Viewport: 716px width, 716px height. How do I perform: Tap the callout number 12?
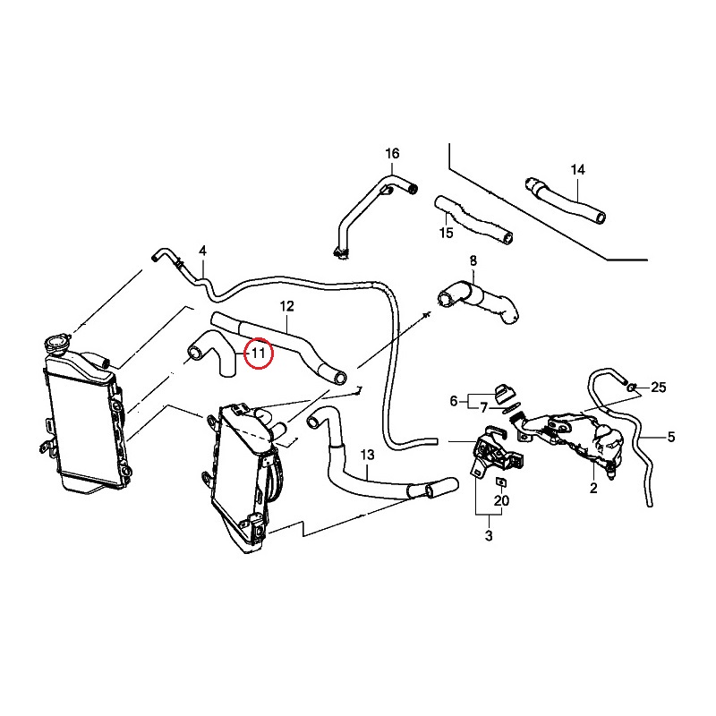[x=286, y=306]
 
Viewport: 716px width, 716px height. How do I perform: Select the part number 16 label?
[x=392, y=154]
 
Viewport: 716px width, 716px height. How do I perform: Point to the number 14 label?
[x=577, y=169]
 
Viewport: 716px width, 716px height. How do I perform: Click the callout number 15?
[x=446, y=234]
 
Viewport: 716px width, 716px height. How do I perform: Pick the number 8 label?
[x=473, y=261]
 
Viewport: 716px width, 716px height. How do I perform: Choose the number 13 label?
[x=367, y=456]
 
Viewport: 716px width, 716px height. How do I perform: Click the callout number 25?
[x=659, y=388]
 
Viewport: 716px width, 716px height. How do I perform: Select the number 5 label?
[x=671, y=438]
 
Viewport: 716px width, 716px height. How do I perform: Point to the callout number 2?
[x=592, y=489]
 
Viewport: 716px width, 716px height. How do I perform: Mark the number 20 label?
[x=501, y=501]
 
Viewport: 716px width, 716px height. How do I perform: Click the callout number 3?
[x=489, y=536]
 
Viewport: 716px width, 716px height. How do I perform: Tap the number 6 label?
[x=454, y=399]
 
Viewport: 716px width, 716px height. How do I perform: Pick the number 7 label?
[x=482, y=408]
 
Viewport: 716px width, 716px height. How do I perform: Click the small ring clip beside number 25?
[x=633, y=388]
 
